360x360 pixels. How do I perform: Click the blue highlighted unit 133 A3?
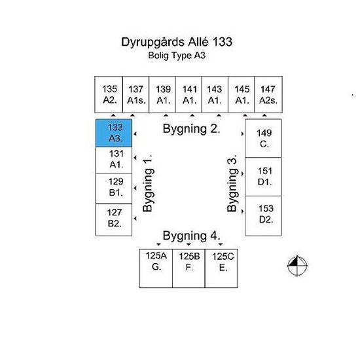114,133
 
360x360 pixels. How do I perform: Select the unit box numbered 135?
109,95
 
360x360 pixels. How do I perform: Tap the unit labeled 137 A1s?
136,95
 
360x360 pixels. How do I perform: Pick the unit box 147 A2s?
268,95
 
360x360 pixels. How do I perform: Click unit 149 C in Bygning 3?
263,139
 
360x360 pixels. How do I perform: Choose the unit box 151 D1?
263,177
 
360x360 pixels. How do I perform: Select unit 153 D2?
263,216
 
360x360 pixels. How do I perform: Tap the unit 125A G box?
156,268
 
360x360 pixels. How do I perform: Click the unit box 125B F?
189,268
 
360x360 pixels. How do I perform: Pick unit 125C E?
221,268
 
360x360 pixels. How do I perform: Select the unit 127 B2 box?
114,220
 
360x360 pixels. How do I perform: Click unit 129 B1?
114,189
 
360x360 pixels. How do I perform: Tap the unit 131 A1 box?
114,160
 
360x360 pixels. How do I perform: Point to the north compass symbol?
297,266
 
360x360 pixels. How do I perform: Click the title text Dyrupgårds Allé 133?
177,43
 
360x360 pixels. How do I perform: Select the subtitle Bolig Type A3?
177,56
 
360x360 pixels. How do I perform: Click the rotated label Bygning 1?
148,183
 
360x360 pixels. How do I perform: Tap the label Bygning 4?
192,236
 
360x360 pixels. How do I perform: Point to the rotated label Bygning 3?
232,183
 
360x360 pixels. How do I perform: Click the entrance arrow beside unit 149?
242,134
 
